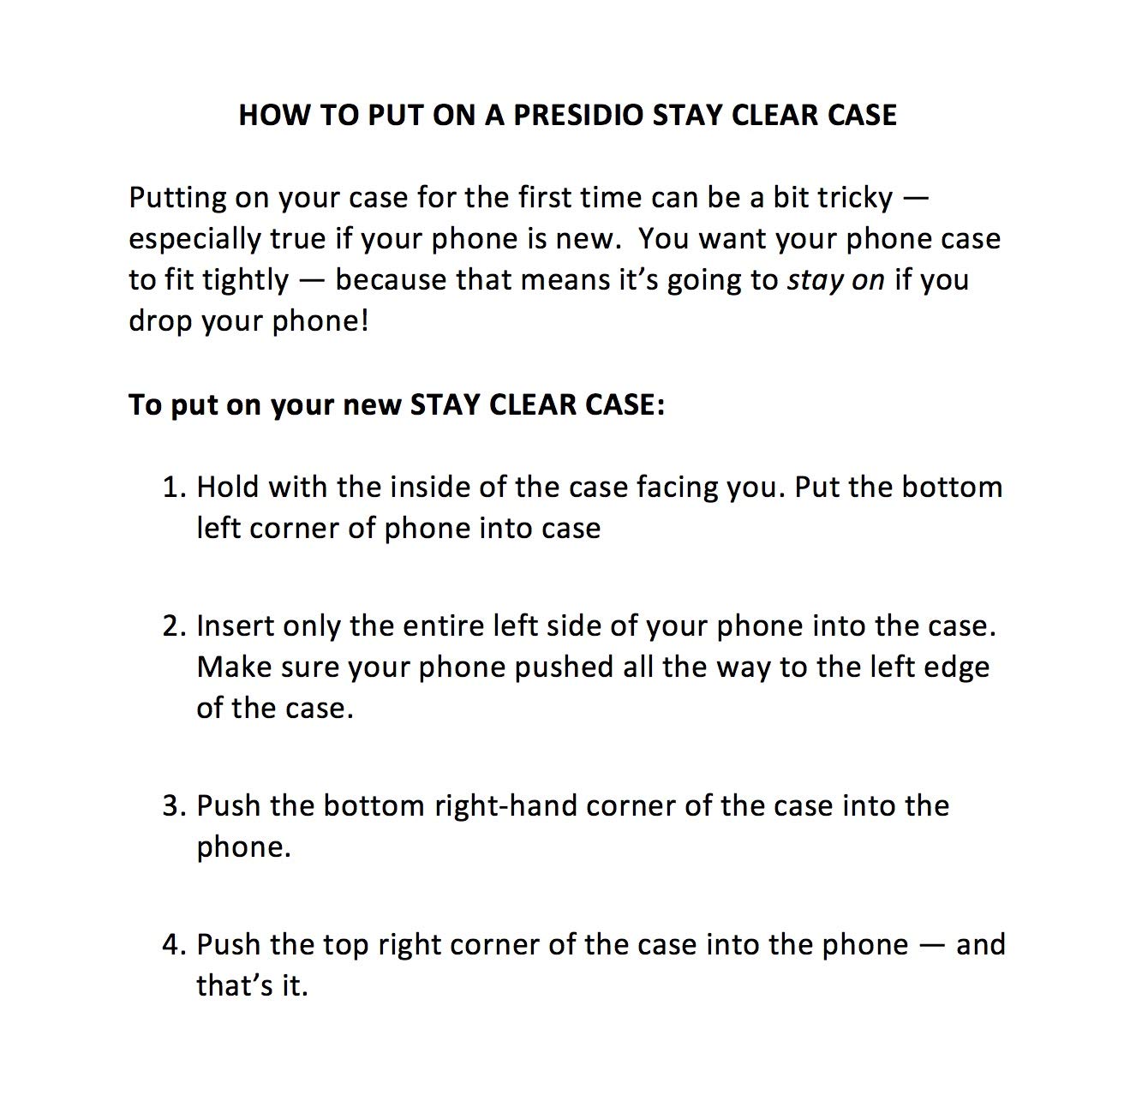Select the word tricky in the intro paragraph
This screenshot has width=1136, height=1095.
point(854,198)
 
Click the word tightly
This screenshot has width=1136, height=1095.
point(246,280)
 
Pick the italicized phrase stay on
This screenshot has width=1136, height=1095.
point(835,280)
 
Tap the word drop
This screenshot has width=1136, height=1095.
point(160,321)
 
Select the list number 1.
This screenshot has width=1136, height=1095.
point(173,487)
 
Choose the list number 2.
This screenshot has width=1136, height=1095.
point(173,626)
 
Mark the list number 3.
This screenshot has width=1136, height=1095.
point(173,806)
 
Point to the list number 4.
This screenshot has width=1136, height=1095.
point(173,945)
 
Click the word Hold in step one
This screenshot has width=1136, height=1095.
point(228,487)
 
